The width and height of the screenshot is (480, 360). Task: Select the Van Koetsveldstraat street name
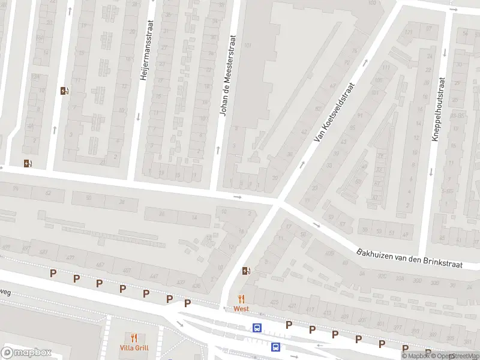[x=335, y=112]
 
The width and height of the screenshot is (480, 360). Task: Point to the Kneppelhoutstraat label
[x=439, y=109]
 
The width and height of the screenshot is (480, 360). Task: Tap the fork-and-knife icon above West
[x=241, y=299]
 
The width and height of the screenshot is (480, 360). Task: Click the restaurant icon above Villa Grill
[x=133, y=338]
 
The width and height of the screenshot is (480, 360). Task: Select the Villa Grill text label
[x=133, y=347]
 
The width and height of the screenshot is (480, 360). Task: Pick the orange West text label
[x=241, y=308]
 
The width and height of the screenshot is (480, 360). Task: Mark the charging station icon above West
[x=246, y=271]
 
